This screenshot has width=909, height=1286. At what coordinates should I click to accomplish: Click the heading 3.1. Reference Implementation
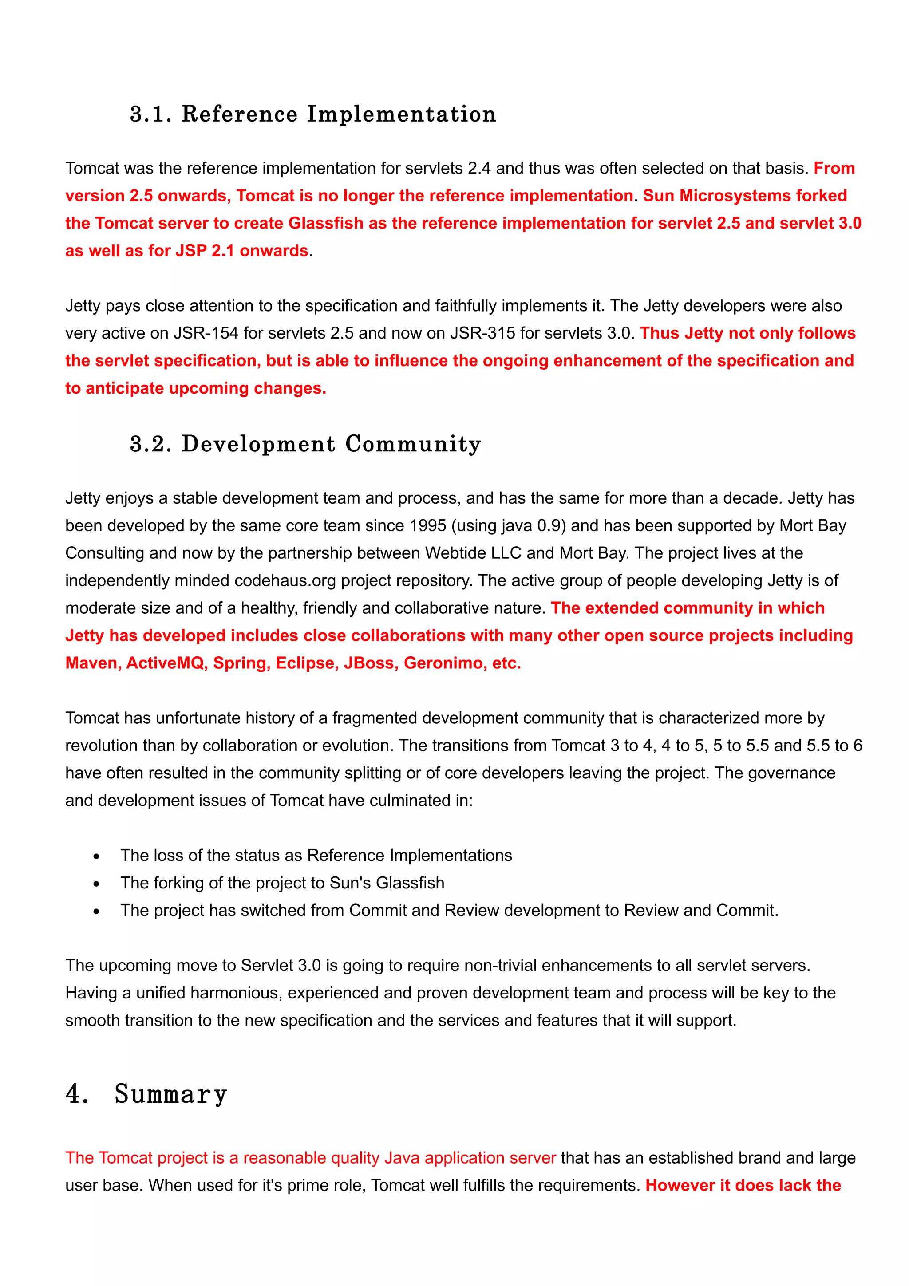tap(312, 114)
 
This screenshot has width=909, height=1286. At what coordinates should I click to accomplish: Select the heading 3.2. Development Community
tap(305, 444)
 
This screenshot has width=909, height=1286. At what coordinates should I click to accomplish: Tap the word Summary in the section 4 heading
tap(171, 1094)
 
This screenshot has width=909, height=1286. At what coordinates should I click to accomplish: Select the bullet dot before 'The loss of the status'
tap(96, 856)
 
